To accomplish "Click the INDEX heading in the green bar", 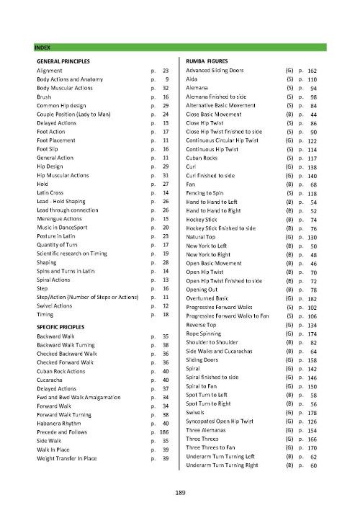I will point(42,47).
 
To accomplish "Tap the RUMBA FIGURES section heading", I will point(209,61).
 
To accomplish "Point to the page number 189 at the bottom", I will point(180,493).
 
